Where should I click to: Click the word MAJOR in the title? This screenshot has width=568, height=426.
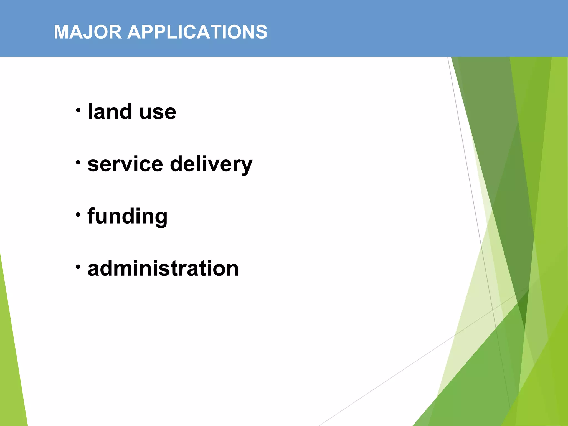(88, 32)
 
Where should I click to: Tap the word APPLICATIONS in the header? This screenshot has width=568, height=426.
(197, 32)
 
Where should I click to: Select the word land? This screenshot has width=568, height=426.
(110, 111)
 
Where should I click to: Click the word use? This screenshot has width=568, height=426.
(158, 113)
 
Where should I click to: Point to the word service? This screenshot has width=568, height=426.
(125, 164)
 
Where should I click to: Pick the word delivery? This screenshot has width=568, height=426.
(211, 164)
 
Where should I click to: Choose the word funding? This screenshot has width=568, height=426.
(127, 216)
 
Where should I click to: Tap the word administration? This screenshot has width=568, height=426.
(163, 268)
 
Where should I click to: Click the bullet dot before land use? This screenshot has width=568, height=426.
(78, 110)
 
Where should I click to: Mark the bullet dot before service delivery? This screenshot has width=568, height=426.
(78, 163)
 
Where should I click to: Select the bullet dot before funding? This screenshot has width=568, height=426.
(78, 214)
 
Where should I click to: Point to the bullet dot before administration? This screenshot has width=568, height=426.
(78, 267)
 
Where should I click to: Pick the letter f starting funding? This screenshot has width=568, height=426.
(92, 216)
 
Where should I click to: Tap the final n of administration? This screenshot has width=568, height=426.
(231, 270)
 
